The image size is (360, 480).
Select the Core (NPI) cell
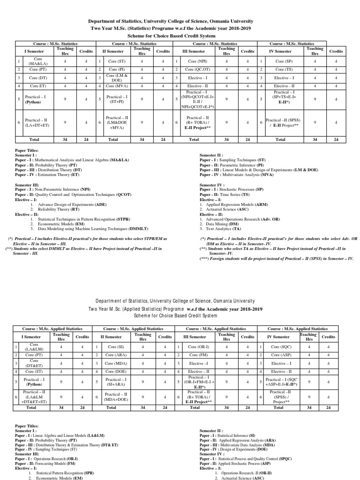(x=198, y=61)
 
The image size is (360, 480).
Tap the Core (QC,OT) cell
(x=198, y=69)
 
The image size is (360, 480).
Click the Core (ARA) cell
(x=114, y=355)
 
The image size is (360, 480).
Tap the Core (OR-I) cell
(x=198, y=346)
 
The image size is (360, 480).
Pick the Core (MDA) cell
(x=114, y=363)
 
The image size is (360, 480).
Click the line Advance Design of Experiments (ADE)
(x=66, y=204)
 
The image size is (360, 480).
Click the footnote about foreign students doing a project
(x=276, y=258)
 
